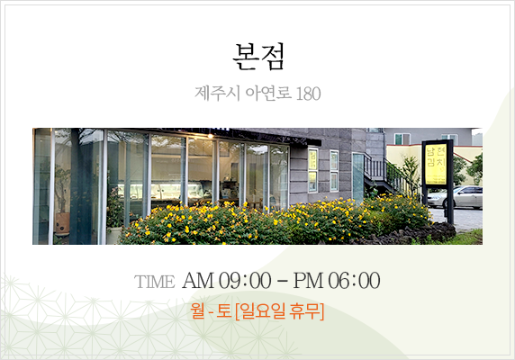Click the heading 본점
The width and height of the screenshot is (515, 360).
[258, 57]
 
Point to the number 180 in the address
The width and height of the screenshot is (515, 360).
[308, 94]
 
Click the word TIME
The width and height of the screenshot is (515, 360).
[154, 282]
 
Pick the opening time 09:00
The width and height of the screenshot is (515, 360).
[245, 281]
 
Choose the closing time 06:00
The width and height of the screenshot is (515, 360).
[354, 281]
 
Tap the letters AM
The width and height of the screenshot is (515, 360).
[198, 281]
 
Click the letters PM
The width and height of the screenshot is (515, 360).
[309, 281]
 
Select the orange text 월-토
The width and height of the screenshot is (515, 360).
[212, 310]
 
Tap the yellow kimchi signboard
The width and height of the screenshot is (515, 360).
[436, 164]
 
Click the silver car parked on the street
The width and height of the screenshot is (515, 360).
[456, 196]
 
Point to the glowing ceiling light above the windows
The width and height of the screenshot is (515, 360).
[210, 136]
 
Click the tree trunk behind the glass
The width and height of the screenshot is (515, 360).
[77, 184]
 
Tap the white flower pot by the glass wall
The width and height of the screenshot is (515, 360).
[113, 235]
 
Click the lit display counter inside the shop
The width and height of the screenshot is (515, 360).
[161, 191]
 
